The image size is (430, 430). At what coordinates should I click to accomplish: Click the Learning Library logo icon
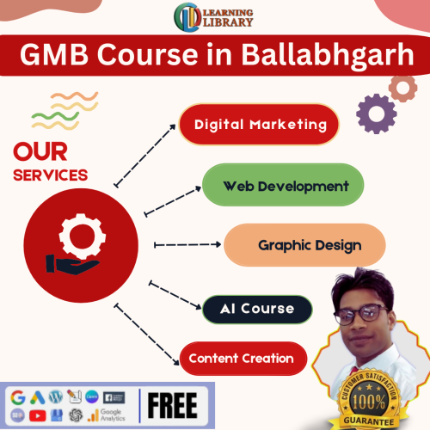(187, 17)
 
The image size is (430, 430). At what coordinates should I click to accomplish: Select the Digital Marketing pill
(261, 125)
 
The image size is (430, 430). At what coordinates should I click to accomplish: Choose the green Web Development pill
(285, 186)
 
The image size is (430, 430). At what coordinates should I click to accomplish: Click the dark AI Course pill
(256, 309)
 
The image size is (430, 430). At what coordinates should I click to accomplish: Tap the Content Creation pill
(242, 359)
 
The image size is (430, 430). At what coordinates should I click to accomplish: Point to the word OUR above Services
(41, 153)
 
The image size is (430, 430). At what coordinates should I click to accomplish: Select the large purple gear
(375, 113)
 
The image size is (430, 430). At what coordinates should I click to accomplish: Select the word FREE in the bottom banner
(173, 404)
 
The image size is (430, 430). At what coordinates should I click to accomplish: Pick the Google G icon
(18, 397)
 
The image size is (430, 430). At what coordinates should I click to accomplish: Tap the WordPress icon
(56, 397)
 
